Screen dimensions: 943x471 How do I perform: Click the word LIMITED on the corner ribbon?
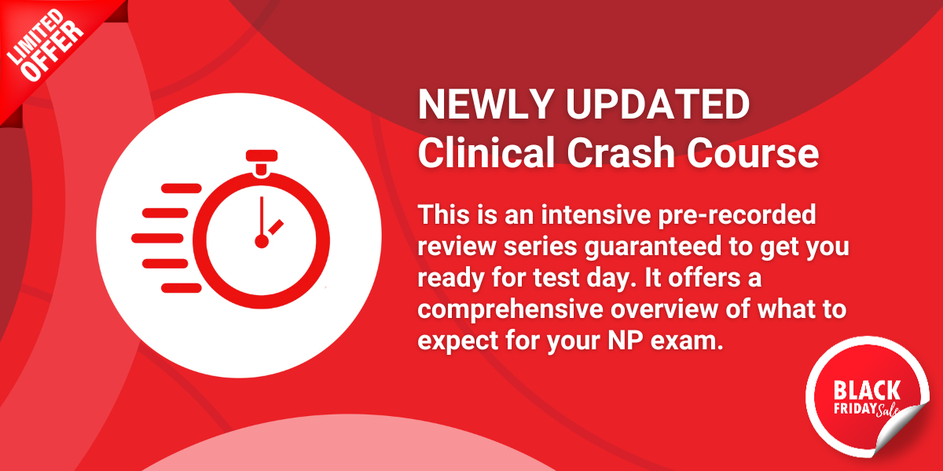coord(35,37)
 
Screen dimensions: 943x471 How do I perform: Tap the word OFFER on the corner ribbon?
coord(53,51)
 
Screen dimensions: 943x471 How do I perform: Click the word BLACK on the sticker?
coord(867,390)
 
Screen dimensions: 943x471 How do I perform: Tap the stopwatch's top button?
coord(262,155)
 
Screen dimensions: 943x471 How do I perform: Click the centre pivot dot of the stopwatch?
coord(262,242)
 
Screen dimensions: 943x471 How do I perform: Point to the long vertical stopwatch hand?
coord(262,217)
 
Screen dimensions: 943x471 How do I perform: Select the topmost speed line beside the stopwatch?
coord(182,188)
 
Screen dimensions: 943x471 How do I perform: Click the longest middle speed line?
coord(157,239)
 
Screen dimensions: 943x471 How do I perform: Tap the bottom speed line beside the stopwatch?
coord(182,288)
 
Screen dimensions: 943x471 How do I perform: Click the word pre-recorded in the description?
coord(737,215)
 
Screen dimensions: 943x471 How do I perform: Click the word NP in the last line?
coord(626,341)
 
